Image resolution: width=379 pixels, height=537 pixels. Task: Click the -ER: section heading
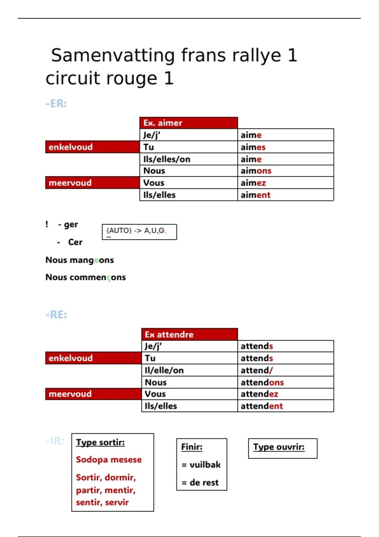56,104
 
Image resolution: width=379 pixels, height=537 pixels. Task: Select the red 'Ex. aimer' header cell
188,123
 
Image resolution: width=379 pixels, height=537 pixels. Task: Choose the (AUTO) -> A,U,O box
139,232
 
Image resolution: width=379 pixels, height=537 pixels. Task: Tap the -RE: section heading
56,315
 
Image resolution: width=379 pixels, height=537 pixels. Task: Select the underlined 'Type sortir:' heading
100,443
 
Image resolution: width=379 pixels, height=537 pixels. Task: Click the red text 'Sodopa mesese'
109,460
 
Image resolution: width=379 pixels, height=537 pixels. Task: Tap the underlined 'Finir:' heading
192,447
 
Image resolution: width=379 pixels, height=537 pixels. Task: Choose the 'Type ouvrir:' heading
279,447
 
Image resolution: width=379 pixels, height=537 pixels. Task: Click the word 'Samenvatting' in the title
113,55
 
